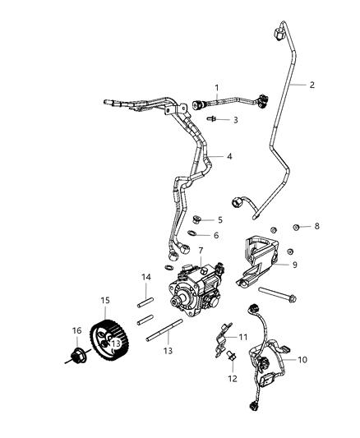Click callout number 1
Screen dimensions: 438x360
(x=217, y=88)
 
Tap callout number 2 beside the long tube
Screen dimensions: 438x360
(x=312, y=84)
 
